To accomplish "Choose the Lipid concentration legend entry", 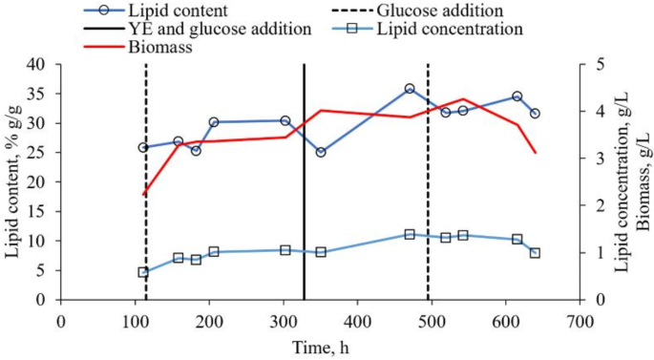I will click(463, 29).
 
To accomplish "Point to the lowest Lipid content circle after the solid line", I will click(321, 152).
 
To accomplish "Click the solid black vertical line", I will click(304, 181).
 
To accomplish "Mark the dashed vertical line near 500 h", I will click(428, 181).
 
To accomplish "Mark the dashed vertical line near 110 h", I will click(146, 181).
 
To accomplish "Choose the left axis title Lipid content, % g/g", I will click(12, 181).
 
